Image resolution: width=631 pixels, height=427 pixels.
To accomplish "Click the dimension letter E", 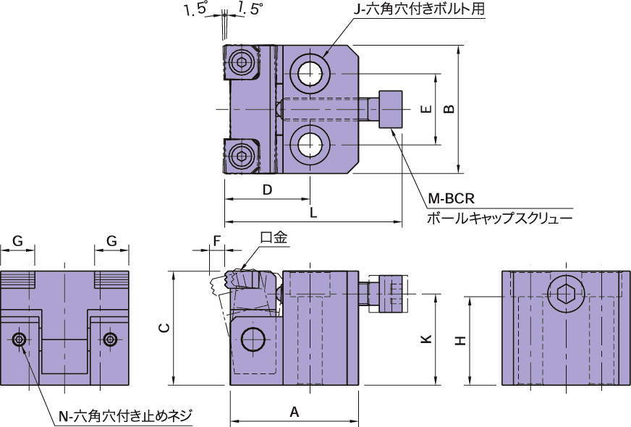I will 426,109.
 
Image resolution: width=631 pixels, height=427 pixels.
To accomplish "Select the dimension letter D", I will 266,190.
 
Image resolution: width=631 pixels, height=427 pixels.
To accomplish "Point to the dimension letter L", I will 313,213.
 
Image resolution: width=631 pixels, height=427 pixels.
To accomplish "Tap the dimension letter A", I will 294,412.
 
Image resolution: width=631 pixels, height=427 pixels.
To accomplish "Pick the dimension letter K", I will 426,339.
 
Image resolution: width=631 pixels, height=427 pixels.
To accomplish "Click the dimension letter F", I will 216,239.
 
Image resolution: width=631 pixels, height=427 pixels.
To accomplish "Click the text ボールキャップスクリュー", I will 500,217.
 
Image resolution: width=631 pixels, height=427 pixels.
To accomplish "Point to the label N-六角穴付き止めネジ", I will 127,415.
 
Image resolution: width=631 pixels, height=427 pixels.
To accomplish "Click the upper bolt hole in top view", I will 310,73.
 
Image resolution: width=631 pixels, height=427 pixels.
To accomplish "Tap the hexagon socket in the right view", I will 562,295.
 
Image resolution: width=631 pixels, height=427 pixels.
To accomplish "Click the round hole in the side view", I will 253,339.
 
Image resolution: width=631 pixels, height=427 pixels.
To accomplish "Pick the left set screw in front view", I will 20,339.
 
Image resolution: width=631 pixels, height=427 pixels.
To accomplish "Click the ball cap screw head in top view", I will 391,109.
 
